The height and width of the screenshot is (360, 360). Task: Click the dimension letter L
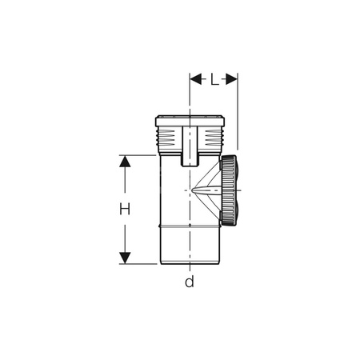pyautogui.click(x=214, y=79)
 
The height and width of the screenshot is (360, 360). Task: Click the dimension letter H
pyautogui.click(x=125, y=210)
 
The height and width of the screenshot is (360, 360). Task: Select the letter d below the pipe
pyautogui.click(x=190, y=282)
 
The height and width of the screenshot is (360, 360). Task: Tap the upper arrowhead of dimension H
pyautogui.click(x=125, y=161)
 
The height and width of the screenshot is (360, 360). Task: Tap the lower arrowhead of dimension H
pyautogui.click(x=125, y=258)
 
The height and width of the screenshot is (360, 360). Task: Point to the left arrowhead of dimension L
pyautogui.click(x=194, y=79)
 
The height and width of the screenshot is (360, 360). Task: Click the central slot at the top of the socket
pyautogui.click(x=190, y=144)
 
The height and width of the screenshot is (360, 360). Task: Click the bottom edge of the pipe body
pyautogui.click(x=190, y=263)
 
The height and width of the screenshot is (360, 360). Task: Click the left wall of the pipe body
pyautogui.click(x=158, y=208)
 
